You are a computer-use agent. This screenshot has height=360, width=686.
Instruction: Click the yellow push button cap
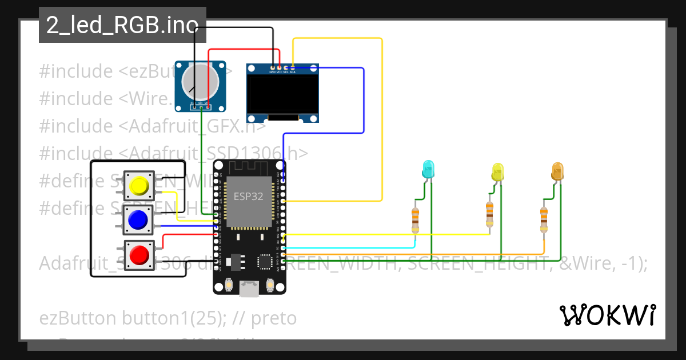pyautogui.click(x=138, y=186)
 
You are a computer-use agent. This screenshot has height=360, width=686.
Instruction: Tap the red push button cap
pyautogui.click(x=138, y=254)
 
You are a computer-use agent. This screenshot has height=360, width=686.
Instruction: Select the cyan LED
pyautogui.click(x=428, y=169)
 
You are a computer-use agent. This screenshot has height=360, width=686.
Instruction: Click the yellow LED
pyautogui.click(x=498, y=171)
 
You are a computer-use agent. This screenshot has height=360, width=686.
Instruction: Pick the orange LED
pyautogui.click(x=557, y=171)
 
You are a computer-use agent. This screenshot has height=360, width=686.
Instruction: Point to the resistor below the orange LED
pyautogui.click(x=544, y=218)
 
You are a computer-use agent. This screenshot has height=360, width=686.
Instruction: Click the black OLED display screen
pyautogui.click(x=283, y=94)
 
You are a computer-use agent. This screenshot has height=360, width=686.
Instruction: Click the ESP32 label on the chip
pyautogui.click(x=249, y=196)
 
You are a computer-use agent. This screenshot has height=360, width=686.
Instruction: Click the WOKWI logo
pyautogui.click(x=607, y=315)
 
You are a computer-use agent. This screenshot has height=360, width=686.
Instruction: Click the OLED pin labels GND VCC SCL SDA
pyautogui.click(x=282, y=72)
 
